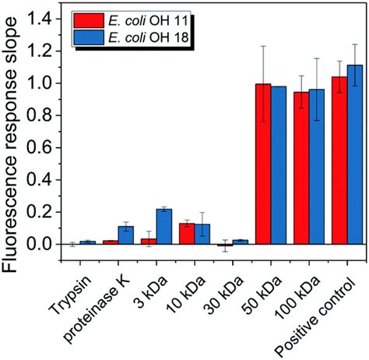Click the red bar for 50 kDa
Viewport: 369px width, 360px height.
click(266, 164)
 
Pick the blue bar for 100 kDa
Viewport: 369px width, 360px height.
click(316, 167)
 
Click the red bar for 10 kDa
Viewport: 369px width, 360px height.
click(187, 234)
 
